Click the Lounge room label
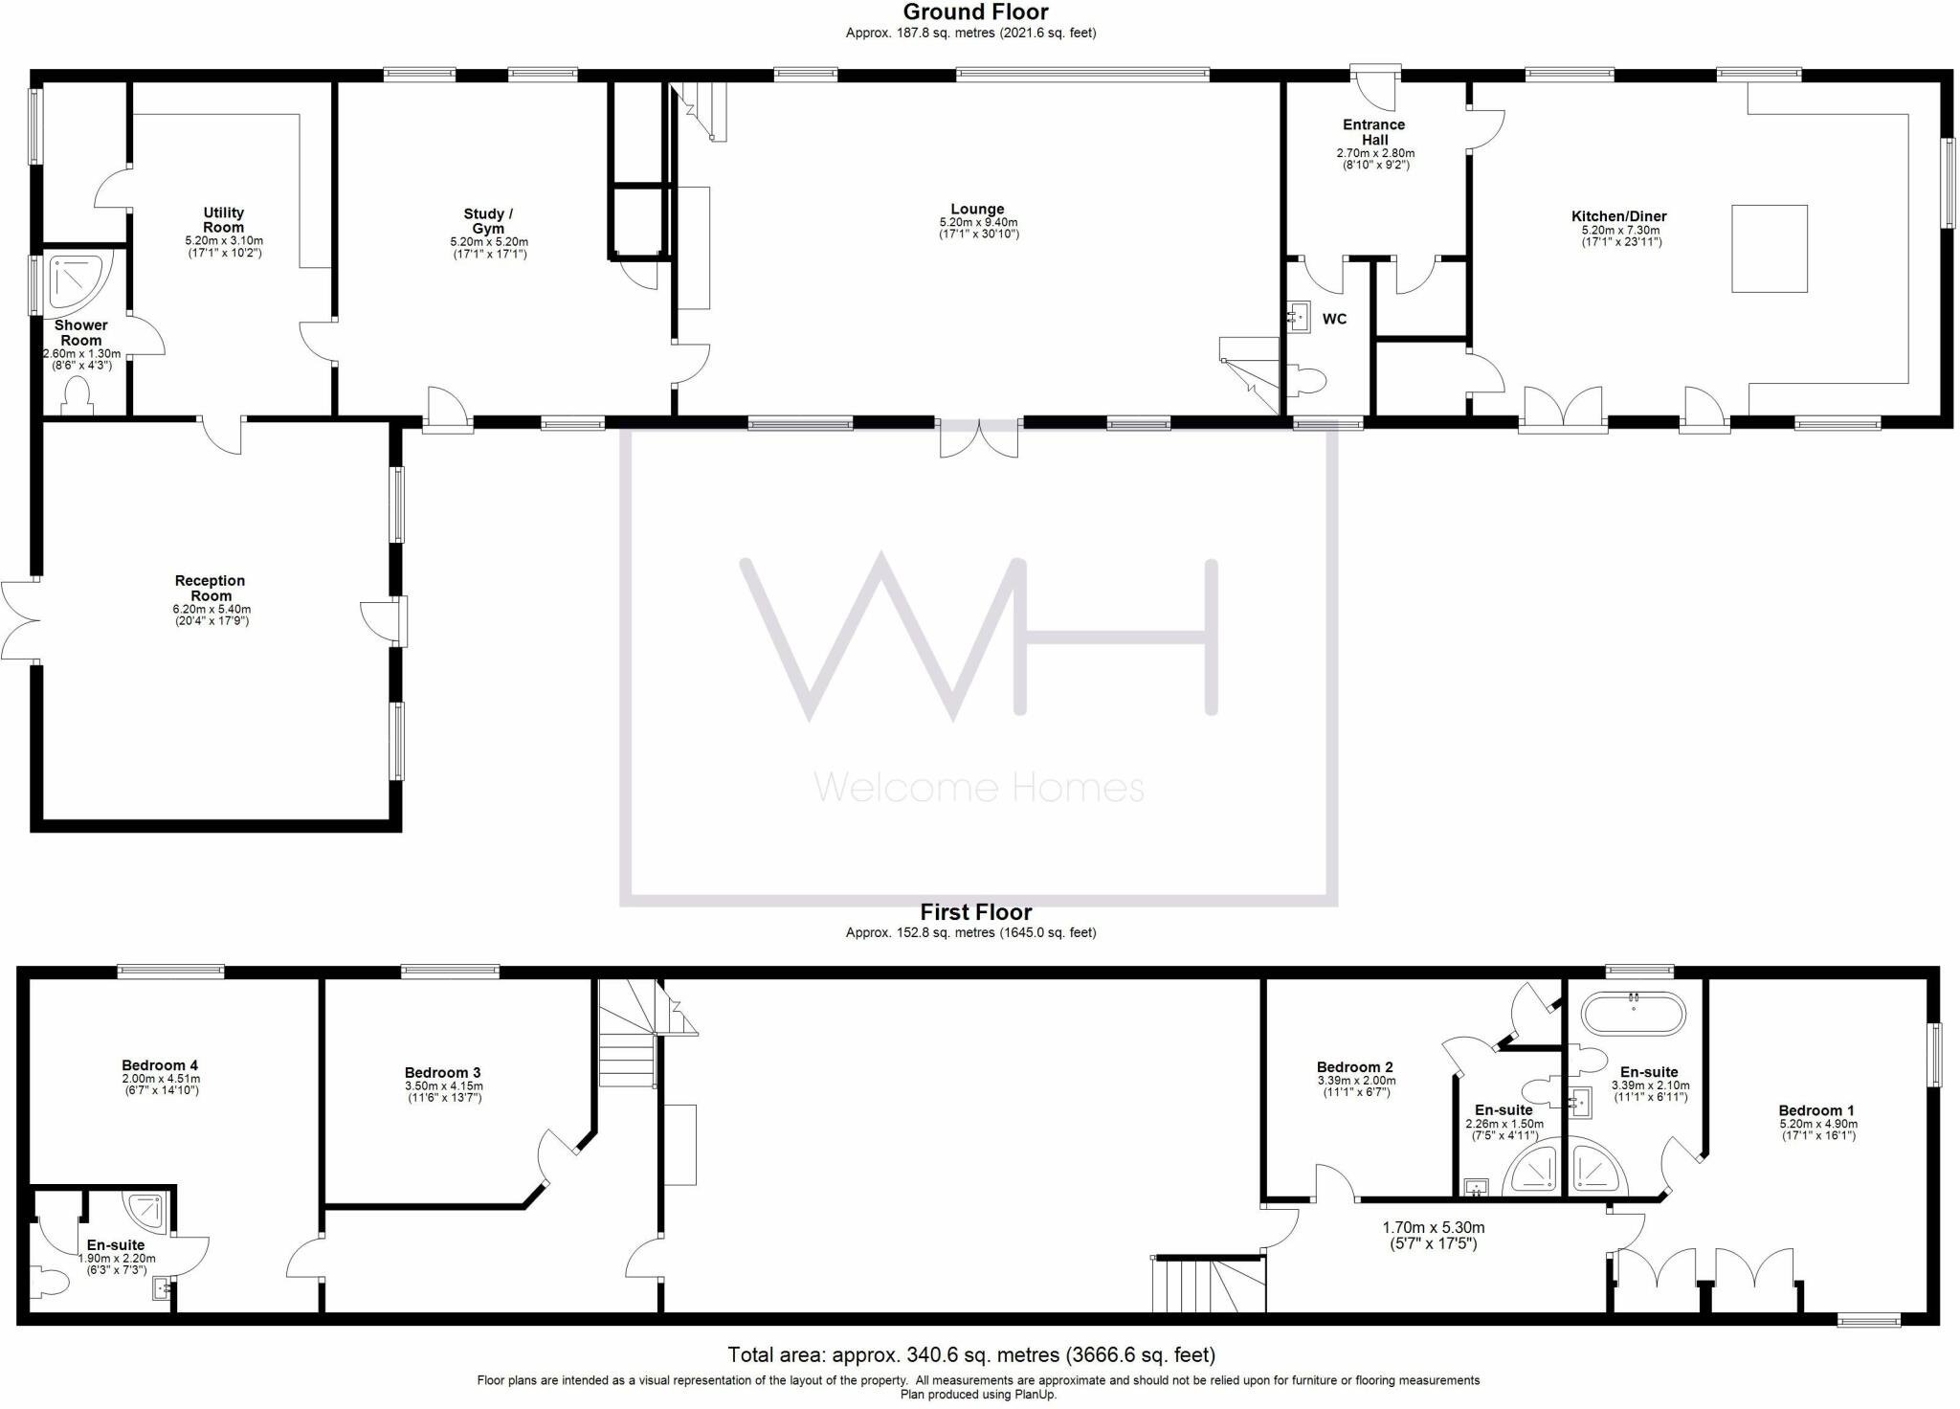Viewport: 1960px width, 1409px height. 977,210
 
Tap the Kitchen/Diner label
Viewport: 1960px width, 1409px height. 1619,217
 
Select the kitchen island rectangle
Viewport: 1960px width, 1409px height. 1769,248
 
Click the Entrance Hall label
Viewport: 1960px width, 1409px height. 1374,132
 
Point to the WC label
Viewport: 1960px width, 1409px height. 1334,319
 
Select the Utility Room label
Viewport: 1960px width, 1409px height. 224,220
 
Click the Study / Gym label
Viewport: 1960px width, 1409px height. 488,221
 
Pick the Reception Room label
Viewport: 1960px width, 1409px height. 211,588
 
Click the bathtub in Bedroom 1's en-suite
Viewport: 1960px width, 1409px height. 1633,1014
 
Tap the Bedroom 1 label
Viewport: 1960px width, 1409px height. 1817,1111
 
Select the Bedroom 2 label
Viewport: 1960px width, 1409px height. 1355,1067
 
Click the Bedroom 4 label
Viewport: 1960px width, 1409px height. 160,1065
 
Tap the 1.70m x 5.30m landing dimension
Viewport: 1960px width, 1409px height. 1433,1236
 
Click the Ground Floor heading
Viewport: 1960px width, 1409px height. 975,12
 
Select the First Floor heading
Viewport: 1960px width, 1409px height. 975,912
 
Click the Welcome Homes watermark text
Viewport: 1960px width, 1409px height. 978,788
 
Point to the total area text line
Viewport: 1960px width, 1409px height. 971,1354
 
